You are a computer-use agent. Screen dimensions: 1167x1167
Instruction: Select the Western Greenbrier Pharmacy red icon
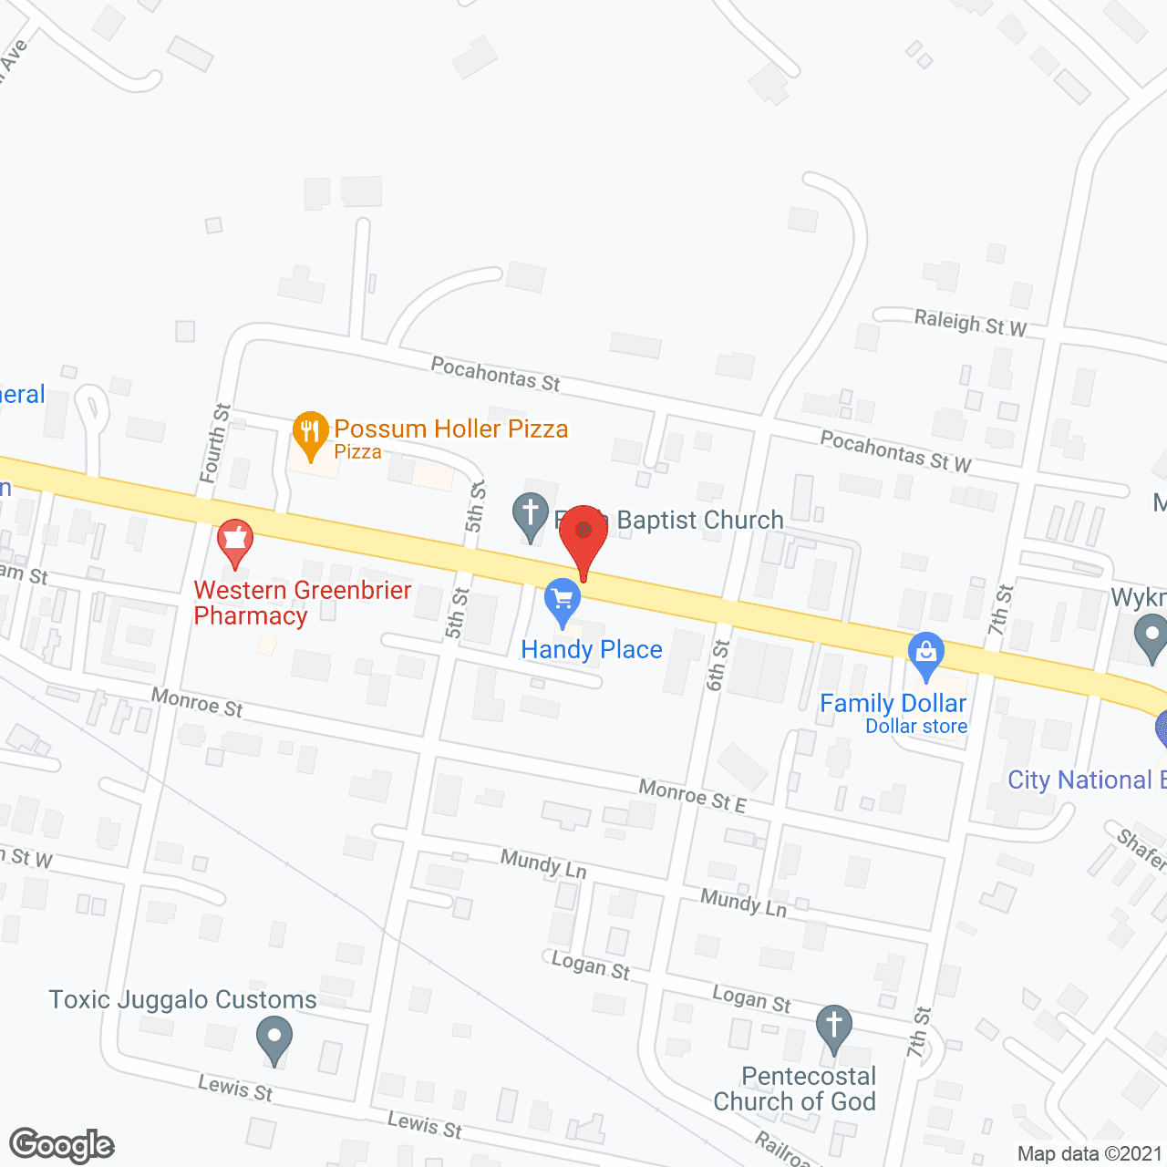click(x=235, y=542)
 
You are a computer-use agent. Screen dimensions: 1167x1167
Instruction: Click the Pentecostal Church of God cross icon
click(x=833, y=1027)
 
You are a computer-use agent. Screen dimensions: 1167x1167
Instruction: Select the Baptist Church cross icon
click(x=530, y=515)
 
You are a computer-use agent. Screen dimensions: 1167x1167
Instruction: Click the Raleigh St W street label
click(x=970, y=323)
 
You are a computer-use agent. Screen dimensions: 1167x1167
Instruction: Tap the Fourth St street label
click(x=214, y=443)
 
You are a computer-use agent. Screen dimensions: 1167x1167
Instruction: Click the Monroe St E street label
click(x=693, y=795)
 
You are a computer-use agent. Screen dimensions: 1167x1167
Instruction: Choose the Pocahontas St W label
click(x=895, y=451)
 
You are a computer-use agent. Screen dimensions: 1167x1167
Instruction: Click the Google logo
click(x=62, y=1145)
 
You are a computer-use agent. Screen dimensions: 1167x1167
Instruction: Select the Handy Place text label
click(x=592, y=650)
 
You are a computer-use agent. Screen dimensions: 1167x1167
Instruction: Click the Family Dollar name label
click(x=893, y=704)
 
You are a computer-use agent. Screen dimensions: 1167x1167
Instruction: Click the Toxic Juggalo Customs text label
click(x=182, y=1000)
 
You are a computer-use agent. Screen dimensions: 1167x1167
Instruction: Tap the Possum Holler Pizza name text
click(x=451, y=429)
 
